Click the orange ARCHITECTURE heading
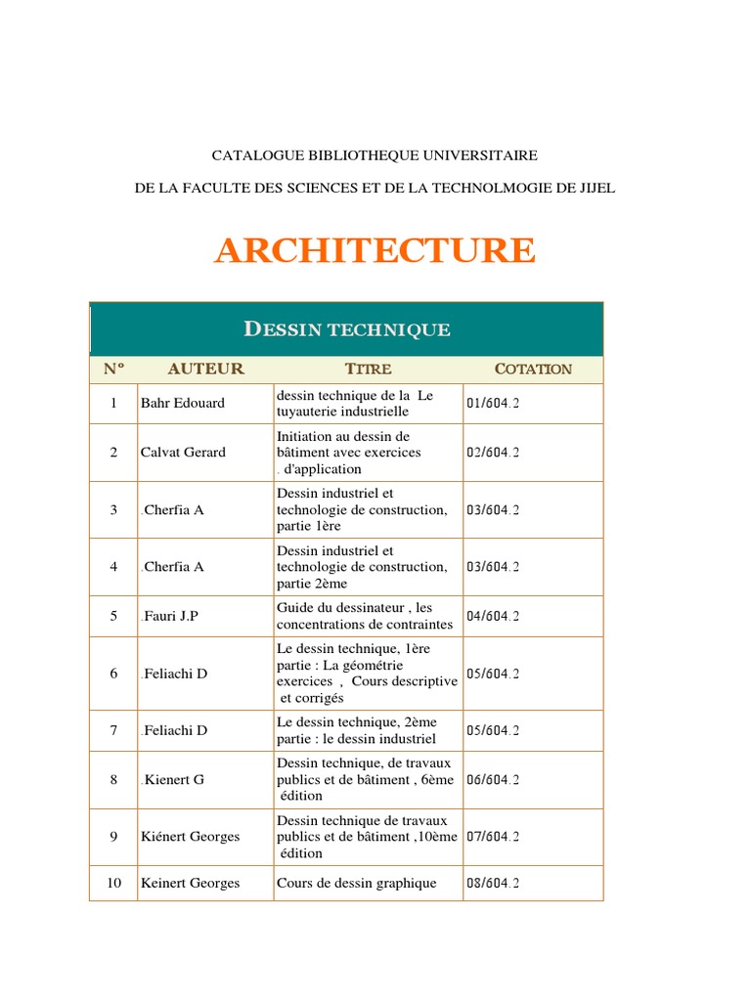pyautogui.click(x=375, y=251)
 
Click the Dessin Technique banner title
pyautogui.click(x=347, y=329)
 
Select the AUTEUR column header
pyautogui.click(x=205, y=370)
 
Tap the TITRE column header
pyautogui.click(x=368, y=370)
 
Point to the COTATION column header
pyautogui.click(x=533, y=370)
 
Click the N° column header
pyautogui.click(x=113, y=370)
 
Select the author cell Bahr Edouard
pyautogui.click(x=182, y=404)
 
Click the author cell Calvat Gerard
pyautogui.click(x=183, y=453)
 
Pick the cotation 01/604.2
pyautogui.click(x=493, y=404)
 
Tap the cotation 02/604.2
pyautogui.click(x=493, y=453)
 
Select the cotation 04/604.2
pyautogui.click(x=493, y=617)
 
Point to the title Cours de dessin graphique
pyautogui.click(x=357, y=884)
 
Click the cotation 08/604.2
pyautogui.click(x=493, y=884)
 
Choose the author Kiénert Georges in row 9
pyautogui.click(x=190, y=837)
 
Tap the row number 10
pyautogui.click(x=113, y=884)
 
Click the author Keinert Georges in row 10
pyautogui.click(x=190, y=884)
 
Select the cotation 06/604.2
pyautogui.click(x=493, y=780)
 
